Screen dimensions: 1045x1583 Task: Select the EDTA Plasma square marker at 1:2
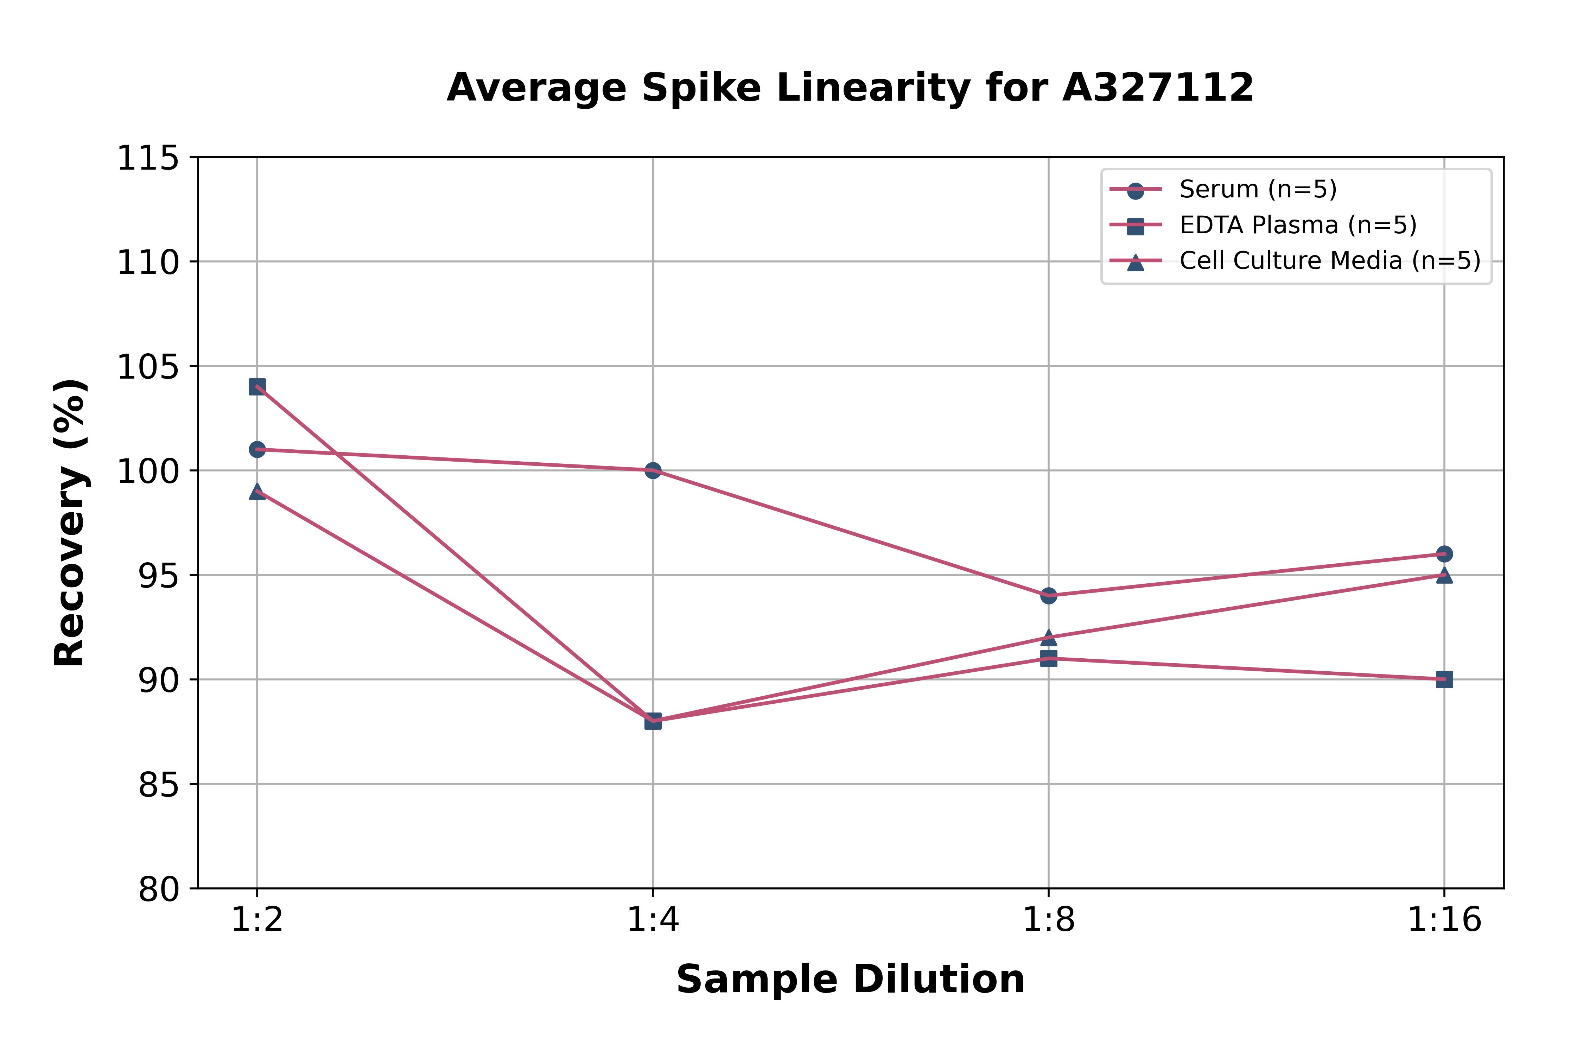257,387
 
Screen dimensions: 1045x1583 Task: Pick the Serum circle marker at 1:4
653,470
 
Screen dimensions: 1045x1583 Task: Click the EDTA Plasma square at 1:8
1049,658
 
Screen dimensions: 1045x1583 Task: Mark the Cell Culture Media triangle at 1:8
1049,638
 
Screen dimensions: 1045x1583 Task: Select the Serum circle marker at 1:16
1444,554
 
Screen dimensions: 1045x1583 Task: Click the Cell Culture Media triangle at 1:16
1444,575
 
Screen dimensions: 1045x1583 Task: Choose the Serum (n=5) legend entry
1258,189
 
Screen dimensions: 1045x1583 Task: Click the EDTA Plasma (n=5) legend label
1298,225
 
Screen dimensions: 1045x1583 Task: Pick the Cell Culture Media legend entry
1330,261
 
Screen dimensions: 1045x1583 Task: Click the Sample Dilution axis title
850,979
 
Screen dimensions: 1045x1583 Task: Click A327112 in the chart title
1158,87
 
